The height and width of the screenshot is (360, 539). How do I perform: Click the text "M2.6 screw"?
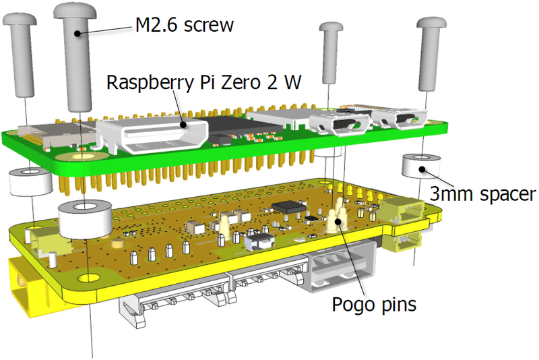184,26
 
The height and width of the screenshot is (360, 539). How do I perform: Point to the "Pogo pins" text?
375,304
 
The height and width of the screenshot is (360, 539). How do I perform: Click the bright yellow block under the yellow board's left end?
27,287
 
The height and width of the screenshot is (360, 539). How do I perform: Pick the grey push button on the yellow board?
258,239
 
